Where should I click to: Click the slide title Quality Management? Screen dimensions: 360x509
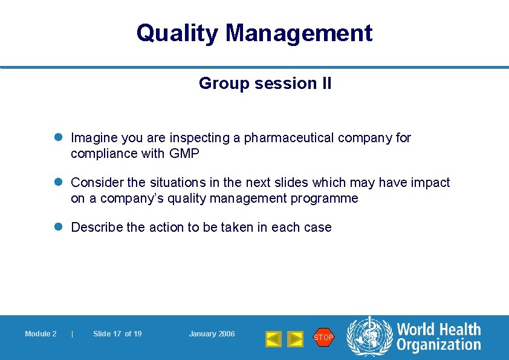click(x=254, y=33)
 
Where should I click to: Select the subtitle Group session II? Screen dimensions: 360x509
click(x=265, y=83)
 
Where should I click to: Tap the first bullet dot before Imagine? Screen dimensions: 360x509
click(x=60, y=138)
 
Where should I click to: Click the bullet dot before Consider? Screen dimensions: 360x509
click(x=60, y=183)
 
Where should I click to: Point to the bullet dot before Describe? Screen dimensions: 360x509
click(x=60, y=227)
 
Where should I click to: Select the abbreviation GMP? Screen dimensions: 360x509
click(x=184, y=154)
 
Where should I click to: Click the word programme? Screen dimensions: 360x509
click(x=329, y=198)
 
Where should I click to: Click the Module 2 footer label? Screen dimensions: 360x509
click(x=41, y=334)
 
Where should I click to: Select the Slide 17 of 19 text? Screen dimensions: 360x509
click(x=117, y=334)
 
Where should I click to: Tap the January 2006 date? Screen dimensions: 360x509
click(x=212, y=334)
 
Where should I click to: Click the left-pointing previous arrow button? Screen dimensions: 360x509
click(x=273, y=339)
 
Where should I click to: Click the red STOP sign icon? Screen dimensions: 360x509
click(x=323, y=337)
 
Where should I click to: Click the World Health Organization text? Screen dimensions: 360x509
click(x=438, y=337)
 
